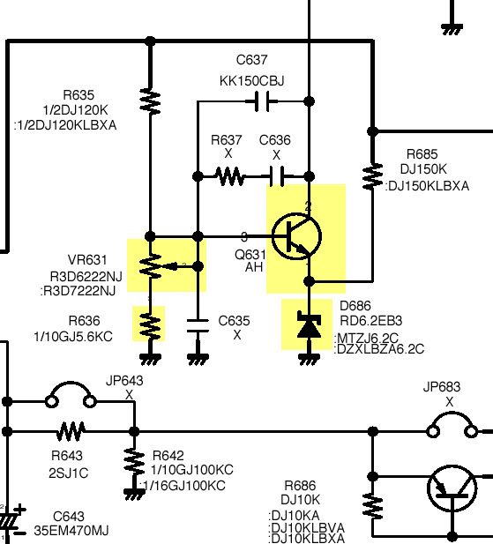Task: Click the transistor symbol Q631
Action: click(296, 236)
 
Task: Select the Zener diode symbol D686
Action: click(310, 325)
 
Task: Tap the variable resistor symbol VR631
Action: click(163, 266)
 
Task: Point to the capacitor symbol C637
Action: click(262, 101)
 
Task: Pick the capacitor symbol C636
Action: click(278, 176)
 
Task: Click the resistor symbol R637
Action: click(229, 176)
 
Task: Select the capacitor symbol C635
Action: click(198, 325)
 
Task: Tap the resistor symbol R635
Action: click(150, 101)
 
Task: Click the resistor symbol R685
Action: click(372, 176)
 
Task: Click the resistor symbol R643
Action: click(71, 432)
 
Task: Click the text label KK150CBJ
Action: click(252, 81)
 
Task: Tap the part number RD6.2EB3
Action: click(371, 321)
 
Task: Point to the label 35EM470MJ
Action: click(71, 531)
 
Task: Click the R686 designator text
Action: click(300, 485)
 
